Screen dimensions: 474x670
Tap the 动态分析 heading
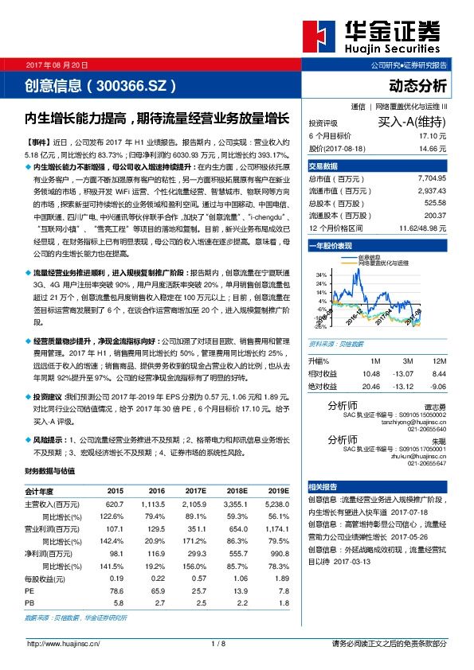coord(418,85)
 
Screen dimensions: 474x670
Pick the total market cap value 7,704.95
coord(431,180)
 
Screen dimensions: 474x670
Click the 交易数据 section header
coord(323,166)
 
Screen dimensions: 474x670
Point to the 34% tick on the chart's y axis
coord(321,275)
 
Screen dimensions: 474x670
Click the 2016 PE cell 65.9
coord(156,591)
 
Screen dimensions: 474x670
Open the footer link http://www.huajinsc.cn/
coord(63,644)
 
